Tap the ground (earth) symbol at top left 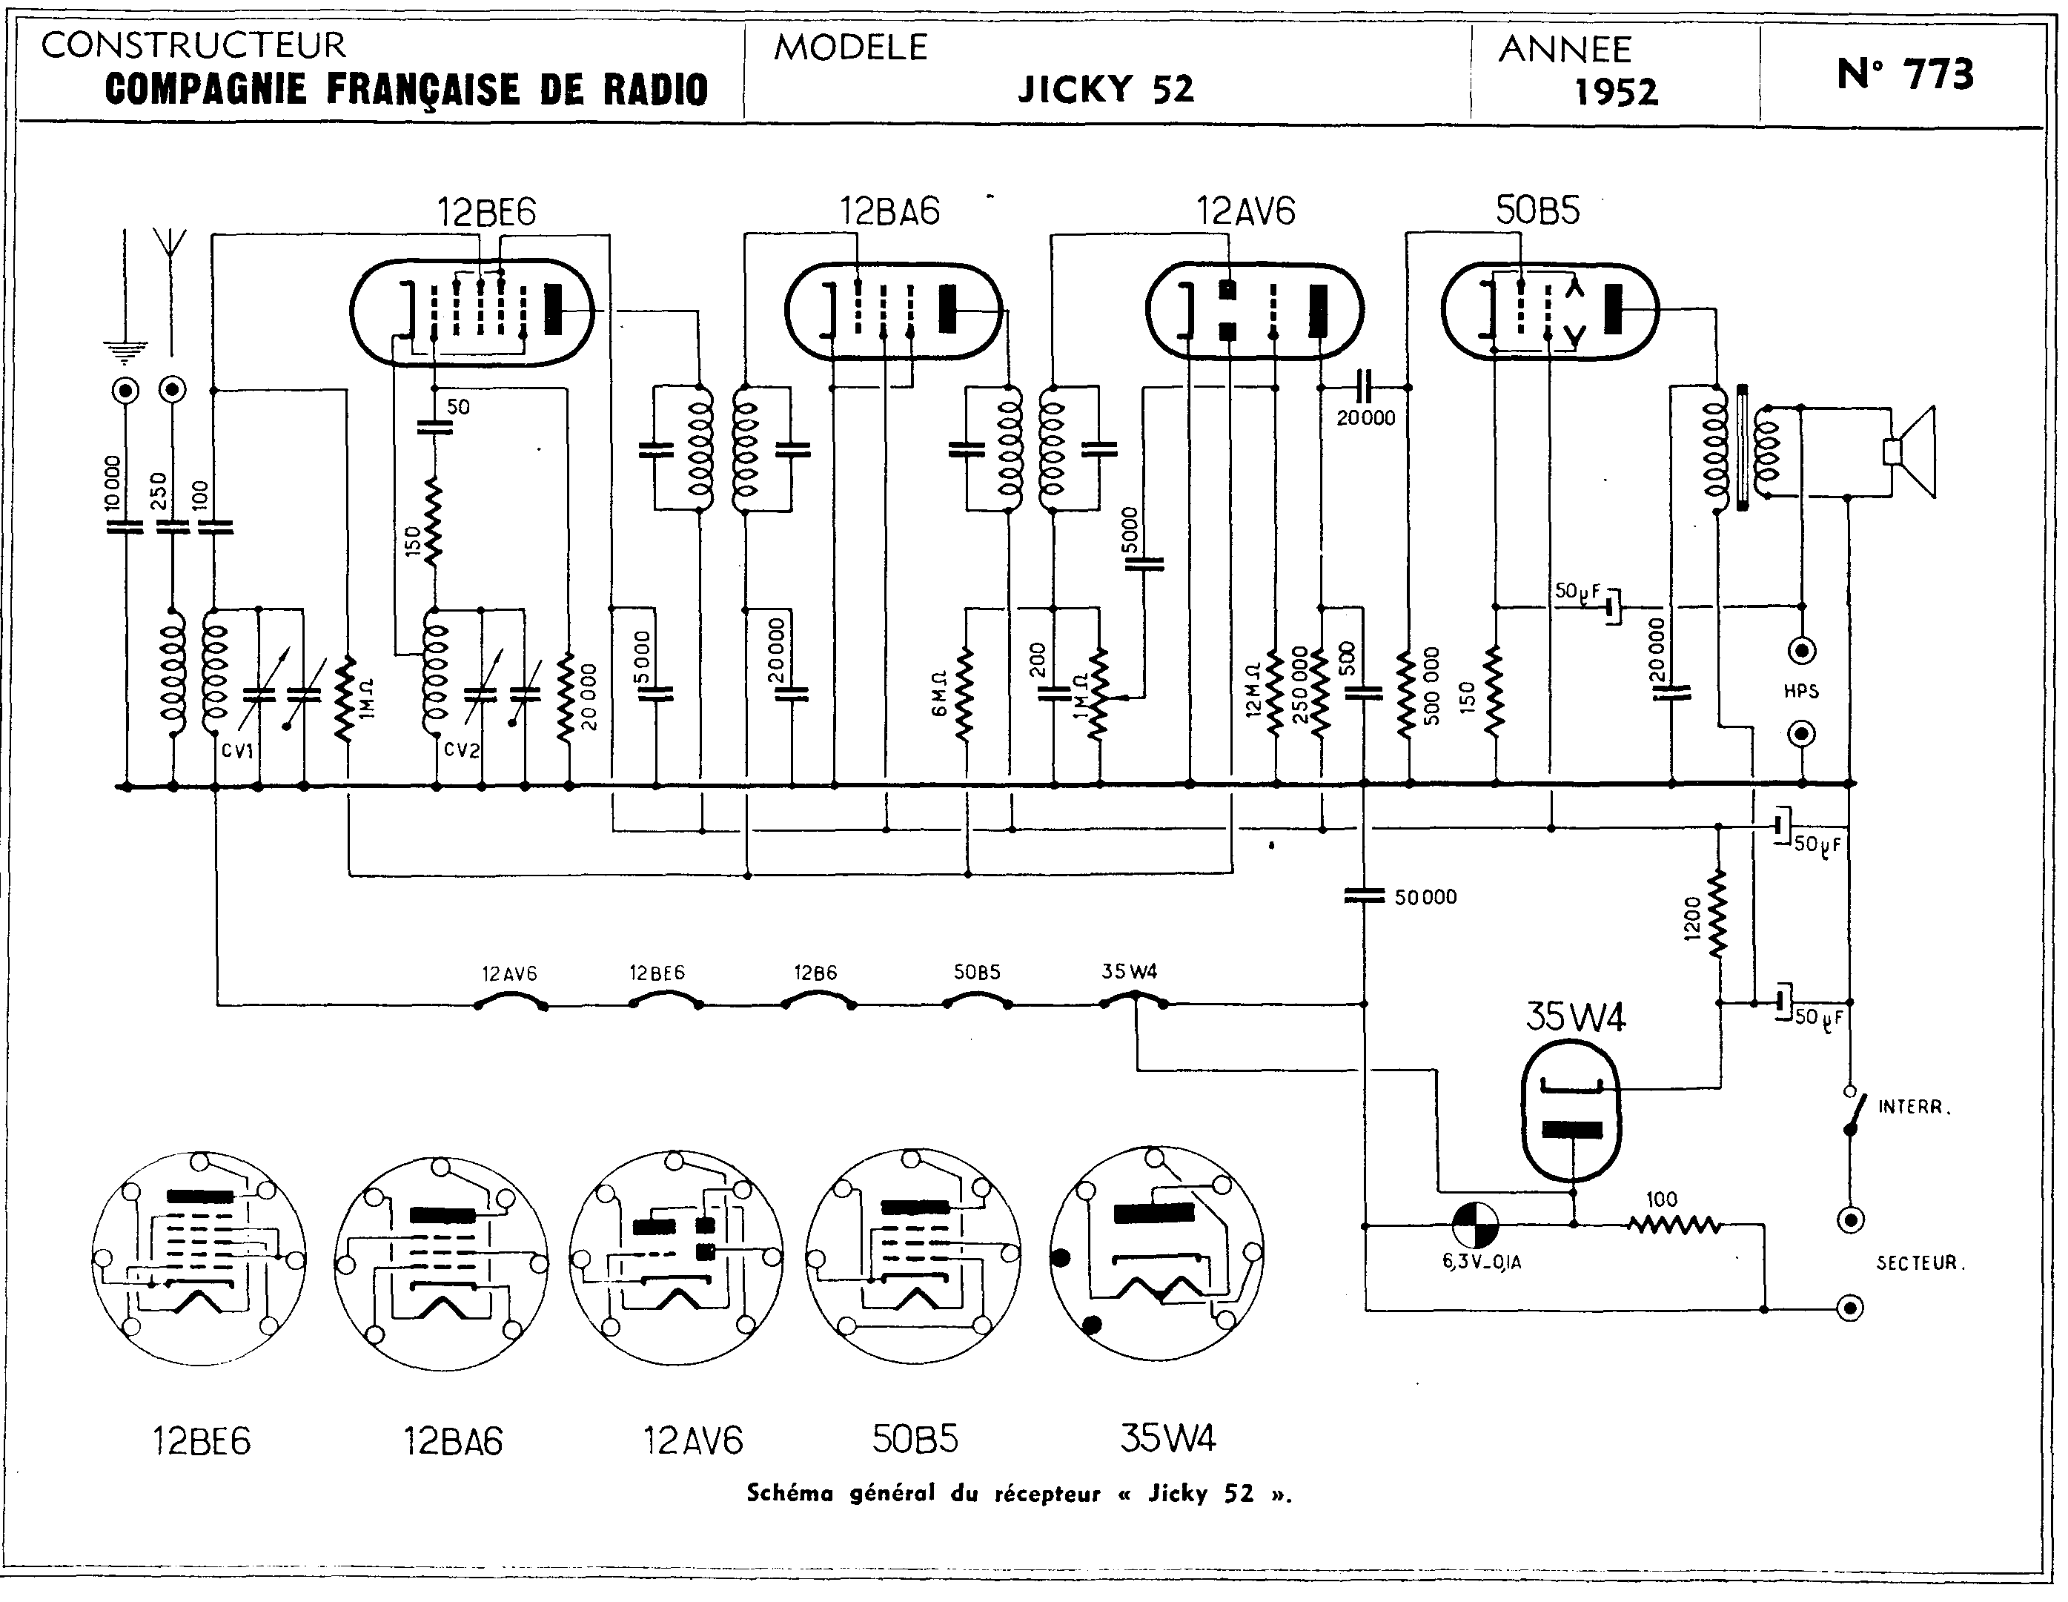[x=126, y=352]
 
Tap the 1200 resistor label [x=1692, y=918]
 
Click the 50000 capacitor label [x=1425, y=896]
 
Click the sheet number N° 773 [x=1904, y=74]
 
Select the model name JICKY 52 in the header [x=1105, y=89]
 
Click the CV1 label [x=238, y=751]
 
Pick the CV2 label [x=462, y=751]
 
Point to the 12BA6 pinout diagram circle [x=441, y=1260]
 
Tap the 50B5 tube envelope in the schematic [x=1549, y=311]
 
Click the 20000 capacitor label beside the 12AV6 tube [x=1365, y=417]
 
